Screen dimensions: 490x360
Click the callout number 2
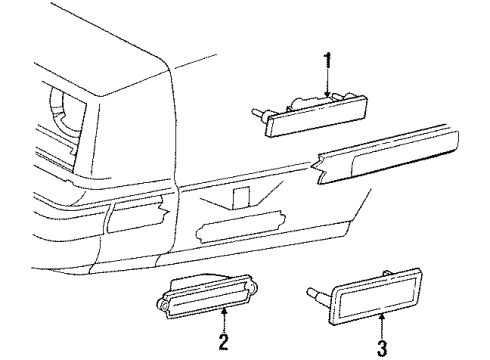pyautogui.click(x=222, y=343)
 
